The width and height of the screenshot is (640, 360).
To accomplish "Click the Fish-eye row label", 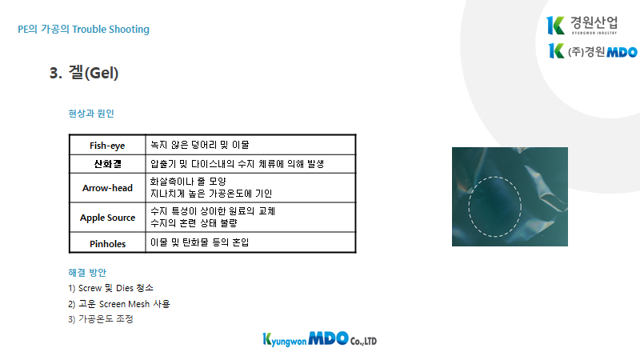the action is (x=107, y=146).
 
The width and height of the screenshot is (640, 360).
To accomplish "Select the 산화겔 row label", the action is (x=107, y=164).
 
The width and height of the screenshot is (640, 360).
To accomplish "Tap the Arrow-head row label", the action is (x=107, y=188).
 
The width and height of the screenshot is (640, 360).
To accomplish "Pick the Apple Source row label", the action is (x=107, y=218).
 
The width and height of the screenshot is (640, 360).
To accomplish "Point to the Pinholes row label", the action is (x=107, y=244).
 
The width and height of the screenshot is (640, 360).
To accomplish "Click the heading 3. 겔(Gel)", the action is (x=84, y=73).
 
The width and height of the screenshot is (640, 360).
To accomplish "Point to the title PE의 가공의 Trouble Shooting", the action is (x=83, y=30).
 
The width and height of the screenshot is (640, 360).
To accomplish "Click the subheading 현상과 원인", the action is (x=91, y=114).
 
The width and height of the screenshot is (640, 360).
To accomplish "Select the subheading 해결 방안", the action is (x=87, y=272).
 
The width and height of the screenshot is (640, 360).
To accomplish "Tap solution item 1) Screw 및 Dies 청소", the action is (x=110, y=288).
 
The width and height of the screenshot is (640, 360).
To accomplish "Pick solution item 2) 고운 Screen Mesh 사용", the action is (x=118, y=304).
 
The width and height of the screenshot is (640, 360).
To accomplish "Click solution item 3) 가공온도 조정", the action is (x=101, y=319).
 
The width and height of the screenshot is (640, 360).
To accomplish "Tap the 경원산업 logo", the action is (x=582, y=26).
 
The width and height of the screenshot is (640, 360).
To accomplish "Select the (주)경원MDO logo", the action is (x=592, y=51).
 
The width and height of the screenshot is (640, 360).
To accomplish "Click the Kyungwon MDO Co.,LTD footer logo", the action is (x=319, y=339).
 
